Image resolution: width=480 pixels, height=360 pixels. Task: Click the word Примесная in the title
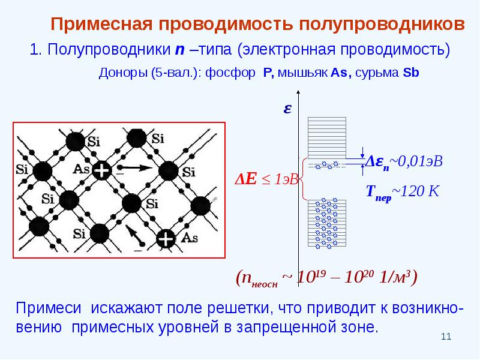pos(101,24)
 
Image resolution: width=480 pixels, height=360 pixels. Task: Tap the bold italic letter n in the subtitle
pos(179,50)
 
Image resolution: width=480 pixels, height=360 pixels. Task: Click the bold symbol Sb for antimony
pos(411,73)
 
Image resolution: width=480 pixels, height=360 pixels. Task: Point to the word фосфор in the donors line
pos(230,73)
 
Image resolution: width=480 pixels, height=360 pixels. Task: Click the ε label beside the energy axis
pos(287,109)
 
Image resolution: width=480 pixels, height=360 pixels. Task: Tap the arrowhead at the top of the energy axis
pos(298,92)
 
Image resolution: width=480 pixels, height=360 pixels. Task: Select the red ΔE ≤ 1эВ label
pos(266,179)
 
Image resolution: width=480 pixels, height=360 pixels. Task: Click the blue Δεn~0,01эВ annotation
pos(404,162)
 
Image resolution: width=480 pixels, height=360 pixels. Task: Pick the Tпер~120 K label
pos(403,193)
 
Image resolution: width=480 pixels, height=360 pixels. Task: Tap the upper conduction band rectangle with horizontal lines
pos(327,138)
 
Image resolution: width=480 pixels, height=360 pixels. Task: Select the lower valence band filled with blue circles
pos(327,223)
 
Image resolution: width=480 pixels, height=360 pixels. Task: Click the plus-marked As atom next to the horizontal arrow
pos(101,170)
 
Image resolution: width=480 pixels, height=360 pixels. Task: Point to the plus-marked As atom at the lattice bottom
pos(166,239)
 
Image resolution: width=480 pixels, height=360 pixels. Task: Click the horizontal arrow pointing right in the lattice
pos(136,167)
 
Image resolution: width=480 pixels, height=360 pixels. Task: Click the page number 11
pos(446,337)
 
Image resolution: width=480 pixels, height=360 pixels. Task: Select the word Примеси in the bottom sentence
pos(49,308)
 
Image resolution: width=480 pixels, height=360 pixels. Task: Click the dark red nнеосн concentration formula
pos(326,278)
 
